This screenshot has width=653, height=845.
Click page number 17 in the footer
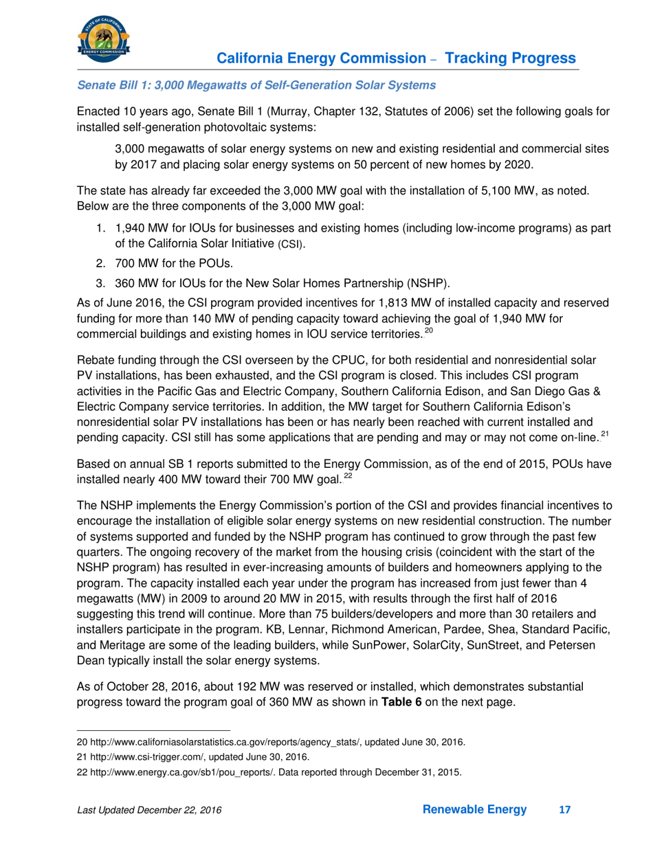pos(564,811)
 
